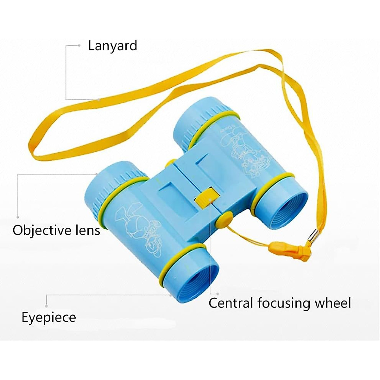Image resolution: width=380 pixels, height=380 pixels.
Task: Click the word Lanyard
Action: (x=112, y=46)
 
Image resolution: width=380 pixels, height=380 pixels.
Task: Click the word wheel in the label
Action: (x=332, y=303)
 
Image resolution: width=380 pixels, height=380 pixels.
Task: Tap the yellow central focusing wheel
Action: (x=204, y=199)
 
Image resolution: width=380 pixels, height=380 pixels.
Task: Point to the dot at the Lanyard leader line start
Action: (x=79, y=46)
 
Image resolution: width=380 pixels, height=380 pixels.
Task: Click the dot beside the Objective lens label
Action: (x=18, y=217)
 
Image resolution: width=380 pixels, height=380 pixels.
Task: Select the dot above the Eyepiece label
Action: (x=47, y=306)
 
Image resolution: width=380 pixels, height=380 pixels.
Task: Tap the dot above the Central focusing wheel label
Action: (x=218, y=294)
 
